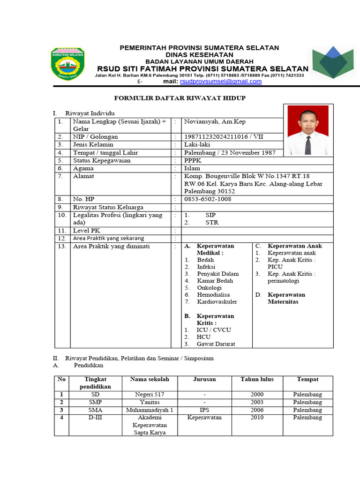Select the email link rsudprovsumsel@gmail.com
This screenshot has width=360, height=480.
[221, 82]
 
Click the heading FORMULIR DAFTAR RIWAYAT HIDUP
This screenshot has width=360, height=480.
[180, 98]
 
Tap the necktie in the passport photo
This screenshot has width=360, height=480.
[308, 144]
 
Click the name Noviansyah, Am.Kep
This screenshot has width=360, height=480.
[212, 121]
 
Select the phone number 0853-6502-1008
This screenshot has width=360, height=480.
[208, 199]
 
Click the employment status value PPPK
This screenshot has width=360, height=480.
[193, 160]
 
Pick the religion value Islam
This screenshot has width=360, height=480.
[192, 168]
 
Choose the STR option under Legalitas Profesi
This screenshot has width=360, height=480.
[212, 223]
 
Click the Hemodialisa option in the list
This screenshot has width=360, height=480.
[213, 295]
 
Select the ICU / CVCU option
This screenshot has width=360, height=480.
[214, 330]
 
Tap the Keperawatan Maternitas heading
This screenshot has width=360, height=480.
[286, 298]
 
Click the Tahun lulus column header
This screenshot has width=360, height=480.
[257, 379]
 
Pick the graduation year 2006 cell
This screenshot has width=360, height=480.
[257, 410]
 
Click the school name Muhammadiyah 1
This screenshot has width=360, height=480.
[150, 410]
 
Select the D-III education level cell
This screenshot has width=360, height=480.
[95, 417]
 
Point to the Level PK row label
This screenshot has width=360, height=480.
[87, 231]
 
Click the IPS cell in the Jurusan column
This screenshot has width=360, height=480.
[204, 410]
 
